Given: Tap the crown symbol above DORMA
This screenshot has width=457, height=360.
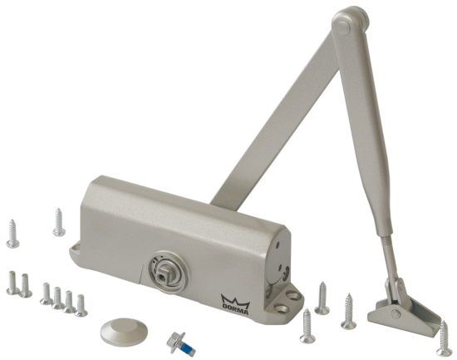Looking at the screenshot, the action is (x=235, y=299).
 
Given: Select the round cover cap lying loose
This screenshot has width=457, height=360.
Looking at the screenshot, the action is (x=124, y=332).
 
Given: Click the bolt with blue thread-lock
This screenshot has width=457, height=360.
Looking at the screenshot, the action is (x=180, y=344).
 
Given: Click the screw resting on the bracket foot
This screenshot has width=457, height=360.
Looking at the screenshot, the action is (x=445, y=338).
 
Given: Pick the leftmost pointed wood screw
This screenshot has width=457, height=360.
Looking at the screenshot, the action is (x=12, y=234).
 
